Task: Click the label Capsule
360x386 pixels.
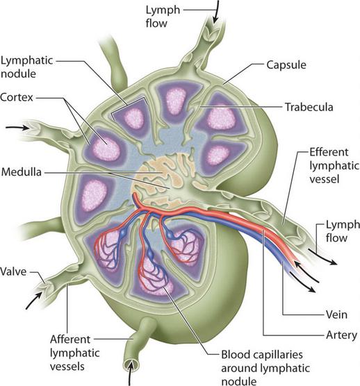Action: [286, 65]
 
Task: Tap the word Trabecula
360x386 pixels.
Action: [309, 107]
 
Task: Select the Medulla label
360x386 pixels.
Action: [22, 172]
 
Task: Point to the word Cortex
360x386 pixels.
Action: [17, 97]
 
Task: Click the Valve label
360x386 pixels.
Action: [13, 271]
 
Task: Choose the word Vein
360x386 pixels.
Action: [336, 314]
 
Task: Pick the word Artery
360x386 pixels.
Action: [341, 335]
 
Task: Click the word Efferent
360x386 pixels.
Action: [329, 152]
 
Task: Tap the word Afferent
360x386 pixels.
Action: [70, 339]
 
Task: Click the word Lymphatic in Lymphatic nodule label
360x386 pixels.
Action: [26, 60]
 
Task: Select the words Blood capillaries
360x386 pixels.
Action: [262, 355]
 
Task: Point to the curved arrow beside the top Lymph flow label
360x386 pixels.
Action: [215, 12]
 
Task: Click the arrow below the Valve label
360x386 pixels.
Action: [34, 301]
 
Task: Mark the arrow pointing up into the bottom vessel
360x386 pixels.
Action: [131, 374]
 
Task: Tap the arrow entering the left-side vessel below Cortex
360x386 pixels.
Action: [17, 128]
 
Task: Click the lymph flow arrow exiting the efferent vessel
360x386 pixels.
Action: [322, 258]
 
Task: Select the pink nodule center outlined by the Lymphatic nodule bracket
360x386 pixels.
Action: [134, 118]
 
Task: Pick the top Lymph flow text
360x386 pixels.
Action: [163, 17]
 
